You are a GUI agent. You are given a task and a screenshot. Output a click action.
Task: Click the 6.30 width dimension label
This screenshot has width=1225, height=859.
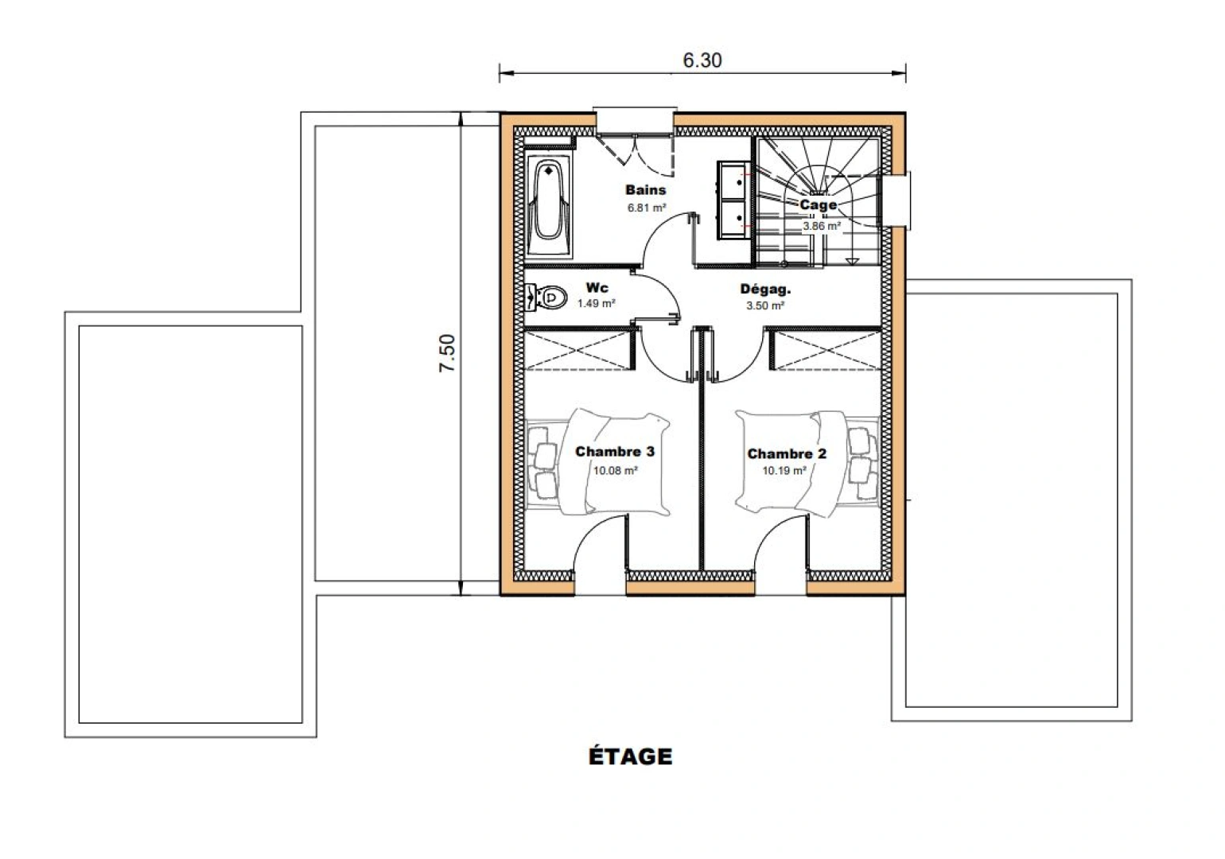click(702, 60)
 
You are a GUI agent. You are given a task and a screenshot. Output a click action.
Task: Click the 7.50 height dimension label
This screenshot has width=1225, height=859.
click(448, 353)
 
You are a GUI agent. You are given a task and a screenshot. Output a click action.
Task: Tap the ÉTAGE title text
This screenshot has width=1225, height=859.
click(630, 756)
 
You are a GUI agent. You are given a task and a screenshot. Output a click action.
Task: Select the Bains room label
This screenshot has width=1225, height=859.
click(645, 190)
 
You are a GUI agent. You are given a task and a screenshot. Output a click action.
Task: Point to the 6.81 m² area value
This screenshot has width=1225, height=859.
click(646, 208)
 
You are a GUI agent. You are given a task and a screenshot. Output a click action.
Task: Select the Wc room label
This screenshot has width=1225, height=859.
click(597, 287)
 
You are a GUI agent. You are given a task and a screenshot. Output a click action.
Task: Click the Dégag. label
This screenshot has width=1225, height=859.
click(765, 290)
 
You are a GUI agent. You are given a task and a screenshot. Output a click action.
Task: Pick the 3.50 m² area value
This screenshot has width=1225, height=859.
click(765, 305)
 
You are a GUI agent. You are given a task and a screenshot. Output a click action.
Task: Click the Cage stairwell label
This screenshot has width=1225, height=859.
click(818, 205)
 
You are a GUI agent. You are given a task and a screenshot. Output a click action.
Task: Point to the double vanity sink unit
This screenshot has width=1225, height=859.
click(734, 200)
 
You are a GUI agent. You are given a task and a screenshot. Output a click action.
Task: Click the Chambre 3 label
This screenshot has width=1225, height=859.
click(615, 452)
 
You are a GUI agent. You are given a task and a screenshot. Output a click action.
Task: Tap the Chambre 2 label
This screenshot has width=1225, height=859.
click(787, 454)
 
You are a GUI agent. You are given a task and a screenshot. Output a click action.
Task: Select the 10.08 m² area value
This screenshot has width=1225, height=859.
click(615, 470)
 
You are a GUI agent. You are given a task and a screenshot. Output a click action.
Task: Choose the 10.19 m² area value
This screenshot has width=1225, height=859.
click(784, 471)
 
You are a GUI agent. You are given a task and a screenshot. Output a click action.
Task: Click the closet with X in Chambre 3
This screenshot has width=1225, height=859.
click(578, 350)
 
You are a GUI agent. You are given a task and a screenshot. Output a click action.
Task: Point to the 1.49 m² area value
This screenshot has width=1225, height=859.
click(596, 304)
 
